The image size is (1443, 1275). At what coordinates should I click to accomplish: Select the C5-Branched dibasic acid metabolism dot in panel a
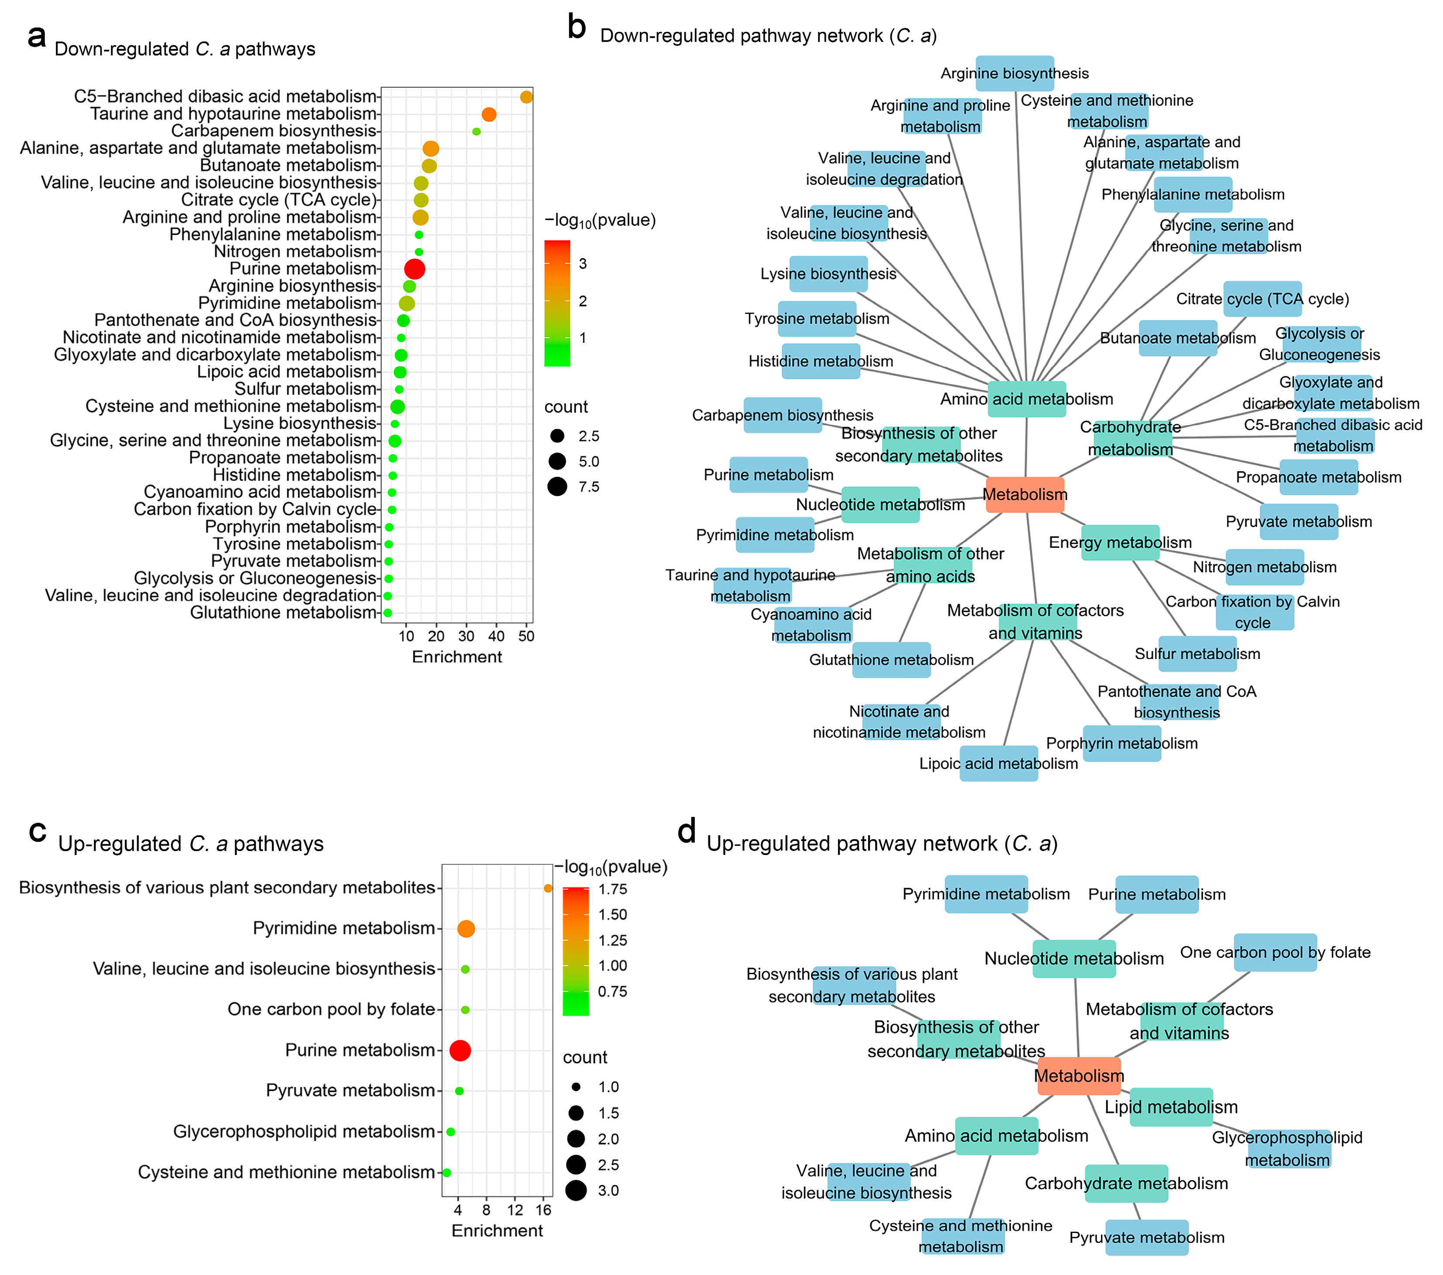click(526, 97)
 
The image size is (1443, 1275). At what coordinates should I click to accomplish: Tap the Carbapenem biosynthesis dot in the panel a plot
click(477, 131)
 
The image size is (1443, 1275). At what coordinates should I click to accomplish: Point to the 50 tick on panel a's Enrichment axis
click(526, 636)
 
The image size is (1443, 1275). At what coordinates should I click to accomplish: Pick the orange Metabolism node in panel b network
click(1024, 494)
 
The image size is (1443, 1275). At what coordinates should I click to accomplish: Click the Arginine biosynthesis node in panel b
click(1014, 73)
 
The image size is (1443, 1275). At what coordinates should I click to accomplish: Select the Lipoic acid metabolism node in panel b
click(998, 764)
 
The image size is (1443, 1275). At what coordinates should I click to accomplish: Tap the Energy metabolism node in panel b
click(1120, 542)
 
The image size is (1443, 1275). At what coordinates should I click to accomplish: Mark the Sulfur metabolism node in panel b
click(1197, 654)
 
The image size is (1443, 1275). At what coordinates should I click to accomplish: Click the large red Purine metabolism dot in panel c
click(460, 1051)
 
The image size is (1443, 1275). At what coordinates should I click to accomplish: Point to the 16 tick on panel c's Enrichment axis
click(543, 1210)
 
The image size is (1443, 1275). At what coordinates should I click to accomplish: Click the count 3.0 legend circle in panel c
click(576, 1190)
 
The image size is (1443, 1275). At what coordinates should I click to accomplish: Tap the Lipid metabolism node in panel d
click(1171, 1107)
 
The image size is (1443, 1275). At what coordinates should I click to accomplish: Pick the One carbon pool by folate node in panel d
click(1275, 952)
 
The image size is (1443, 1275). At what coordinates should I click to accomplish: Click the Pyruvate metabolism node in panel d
click(1147, 1237)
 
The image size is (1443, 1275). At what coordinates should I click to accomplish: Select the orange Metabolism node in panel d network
click(1079, 1076)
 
